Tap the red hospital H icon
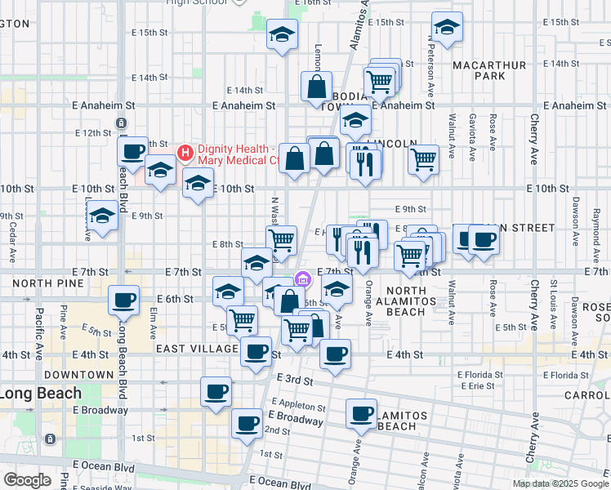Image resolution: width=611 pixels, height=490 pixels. [x=185, y=152]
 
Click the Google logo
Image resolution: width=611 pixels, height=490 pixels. [x=27, y=479]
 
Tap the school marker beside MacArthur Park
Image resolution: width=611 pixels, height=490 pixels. [x=447, y=28]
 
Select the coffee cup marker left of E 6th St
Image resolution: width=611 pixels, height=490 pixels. [x=123, y=300]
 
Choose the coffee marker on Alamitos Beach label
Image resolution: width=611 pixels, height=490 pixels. [x=360, y=412]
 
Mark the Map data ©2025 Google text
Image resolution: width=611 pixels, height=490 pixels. [x=560, y=483]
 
